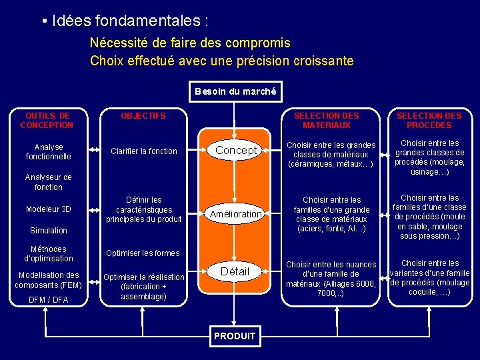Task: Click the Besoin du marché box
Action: click(235, 91)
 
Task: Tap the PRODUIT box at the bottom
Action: click(235, 336)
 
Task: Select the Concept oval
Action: click(235, 151)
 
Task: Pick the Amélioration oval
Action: click(235, 214)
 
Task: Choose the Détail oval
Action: click(235, 271)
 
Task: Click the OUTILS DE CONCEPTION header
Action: click(47, 120)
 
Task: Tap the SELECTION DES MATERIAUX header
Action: click(327, 120)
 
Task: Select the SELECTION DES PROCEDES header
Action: click(429, 120)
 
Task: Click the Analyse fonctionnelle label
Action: click(48, 151)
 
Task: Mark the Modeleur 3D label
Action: click(48, 209)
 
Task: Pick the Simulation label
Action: click(48, 231)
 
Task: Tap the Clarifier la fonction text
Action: click(144, 151)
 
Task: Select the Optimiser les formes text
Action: click(142, 253)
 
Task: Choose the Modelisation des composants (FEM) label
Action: click(48, 280)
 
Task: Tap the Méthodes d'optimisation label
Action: click(48, 254)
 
